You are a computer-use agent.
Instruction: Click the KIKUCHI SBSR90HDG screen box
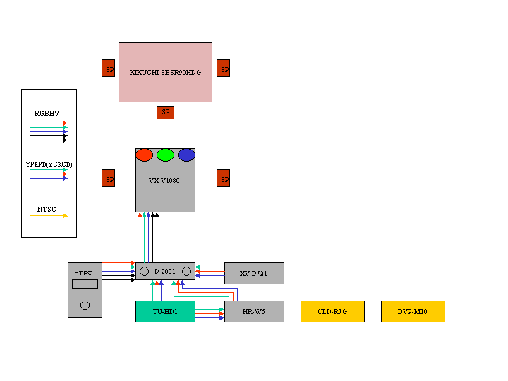[x=165, y=72]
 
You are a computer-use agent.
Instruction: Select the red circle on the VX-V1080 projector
[x=144, y=155]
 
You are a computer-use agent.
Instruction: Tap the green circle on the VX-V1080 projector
[x=165, y=155]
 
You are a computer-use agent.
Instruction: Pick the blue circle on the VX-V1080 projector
[x=186, y=155]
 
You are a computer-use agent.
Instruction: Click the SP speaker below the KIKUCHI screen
[x=165, y=112]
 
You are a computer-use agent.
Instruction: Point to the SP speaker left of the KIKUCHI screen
[x=109, y=68]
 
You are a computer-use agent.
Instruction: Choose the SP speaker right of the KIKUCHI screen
[x=224, y=68]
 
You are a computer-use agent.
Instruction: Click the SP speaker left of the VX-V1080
[x=109, y=179]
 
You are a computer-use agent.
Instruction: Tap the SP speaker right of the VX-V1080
[x=224, y=179]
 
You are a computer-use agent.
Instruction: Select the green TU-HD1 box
[x=165, y=311]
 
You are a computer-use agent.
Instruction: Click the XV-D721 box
[x=254, y=273]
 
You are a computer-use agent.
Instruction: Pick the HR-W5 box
[x=254, y=311]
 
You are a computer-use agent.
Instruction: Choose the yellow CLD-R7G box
[x=332, y=311]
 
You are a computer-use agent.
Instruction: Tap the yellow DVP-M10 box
[x=413, y=311]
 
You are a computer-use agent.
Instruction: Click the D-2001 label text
[x=165, y=271]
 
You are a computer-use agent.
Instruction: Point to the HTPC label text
[x=83, y=273]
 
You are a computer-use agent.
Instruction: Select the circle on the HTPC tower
[x=85, y=306]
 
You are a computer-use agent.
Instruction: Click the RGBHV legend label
[x=47, y=113]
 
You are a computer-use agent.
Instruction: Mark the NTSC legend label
[x=47, y=209]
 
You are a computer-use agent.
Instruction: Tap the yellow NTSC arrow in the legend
[x=49, y=216]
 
